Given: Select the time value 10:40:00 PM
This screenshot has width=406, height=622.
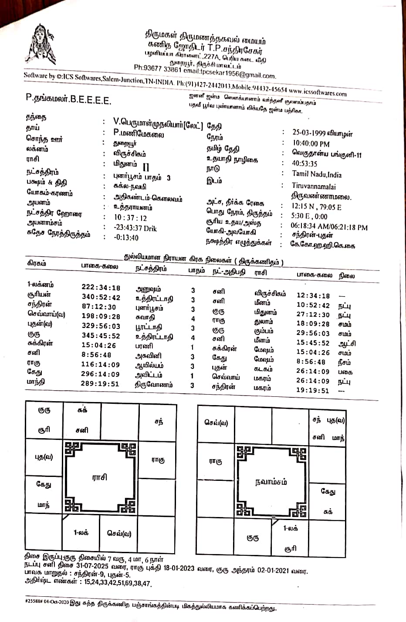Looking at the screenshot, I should click(311, 144).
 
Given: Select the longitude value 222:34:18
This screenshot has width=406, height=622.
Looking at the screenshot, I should click(101, 287).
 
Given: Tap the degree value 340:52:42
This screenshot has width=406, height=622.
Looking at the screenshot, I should click(101, 297).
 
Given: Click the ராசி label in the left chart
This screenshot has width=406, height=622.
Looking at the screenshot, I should click(100, 477).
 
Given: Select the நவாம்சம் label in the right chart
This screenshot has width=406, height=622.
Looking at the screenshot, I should click(271, 482).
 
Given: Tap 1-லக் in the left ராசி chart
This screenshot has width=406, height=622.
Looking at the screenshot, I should click(81, 532).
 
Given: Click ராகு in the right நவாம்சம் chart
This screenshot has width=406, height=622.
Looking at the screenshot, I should click(216, 461).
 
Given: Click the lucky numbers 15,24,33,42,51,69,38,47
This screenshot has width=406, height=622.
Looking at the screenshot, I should click(117, 583).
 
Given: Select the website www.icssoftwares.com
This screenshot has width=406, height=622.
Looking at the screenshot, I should click(318, 92).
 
